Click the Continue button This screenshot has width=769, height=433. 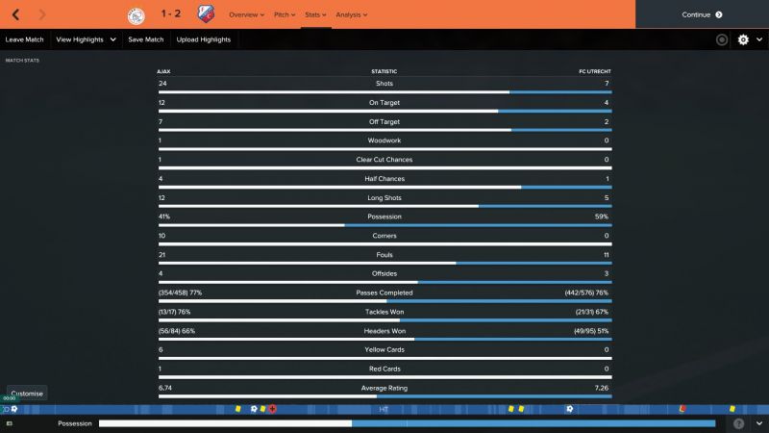pos(702,14)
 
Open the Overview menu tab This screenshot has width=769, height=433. pos(246,14)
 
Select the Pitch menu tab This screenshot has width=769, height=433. pos(285,14)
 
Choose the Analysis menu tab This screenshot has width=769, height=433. pos(351,14)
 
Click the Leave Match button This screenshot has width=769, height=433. pos(25,39)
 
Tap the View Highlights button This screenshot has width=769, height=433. pos(86,39)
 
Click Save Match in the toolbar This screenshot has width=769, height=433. pos(145,39)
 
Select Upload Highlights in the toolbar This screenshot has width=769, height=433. pos(204,39)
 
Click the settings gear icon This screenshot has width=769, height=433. pos(743,39)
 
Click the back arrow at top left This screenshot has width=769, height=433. pos(15,14)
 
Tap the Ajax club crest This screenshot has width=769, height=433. pos(135,14)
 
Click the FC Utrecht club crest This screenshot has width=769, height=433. pos(206,14)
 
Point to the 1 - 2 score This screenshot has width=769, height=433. pos(170,14)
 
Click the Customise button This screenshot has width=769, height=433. pos(27,394)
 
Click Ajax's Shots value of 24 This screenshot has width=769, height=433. pos(162,84)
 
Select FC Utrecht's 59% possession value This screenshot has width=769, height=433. pos(601,216)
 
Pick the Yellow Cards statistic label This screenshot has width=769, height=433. pos(384,349)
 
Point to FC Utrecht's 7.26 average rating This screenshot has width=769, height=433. pos(602,388)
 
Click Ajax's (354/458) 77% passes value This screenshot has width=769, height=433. pos(180,293)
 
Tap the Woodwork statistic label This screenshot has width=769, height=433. pos(384,140)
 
